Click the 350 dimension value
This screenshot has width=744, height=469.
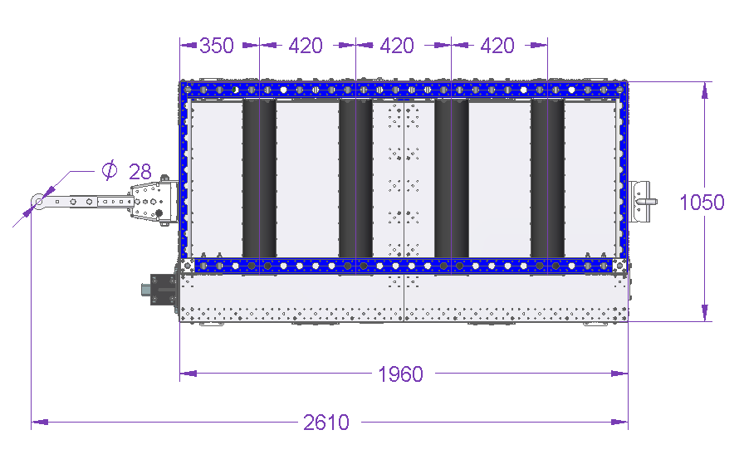coord(217,46)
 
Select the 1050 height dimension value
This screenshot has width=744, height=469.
coord(702,203)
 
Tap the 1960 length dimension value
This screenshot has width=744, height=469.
coord(400,374)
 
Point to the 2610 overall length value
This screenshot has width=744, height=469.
coord(326,422)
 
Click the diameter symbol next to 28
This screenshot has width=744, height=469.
coord(110,170)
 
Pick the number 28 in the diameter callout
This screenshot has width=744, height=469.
coord(140,172)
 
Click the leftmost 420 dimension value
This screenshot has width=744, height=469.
coord(306,46)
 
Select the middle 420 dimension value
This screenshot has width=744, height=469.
coord(397,46)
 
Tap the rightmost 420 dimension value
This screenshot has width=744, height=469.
coord(497,46)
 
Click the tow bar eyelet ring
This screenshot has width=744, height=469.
coord(38,202)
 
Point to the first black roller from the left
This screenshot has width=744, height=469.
coord(259,178)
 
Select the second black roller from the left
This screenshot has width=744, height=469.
coord(355,178)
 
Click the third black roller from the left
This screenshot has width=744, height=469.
coord(451,178)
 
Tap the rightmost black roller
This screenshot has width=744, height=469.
coord(547,178)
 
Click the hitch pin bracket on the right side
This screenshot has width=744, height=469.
coord(640,202)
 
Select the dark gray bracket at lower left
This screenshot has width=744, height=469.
coord(161,289)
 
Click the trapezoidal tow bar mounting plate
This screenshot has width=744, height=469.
coord(152,201)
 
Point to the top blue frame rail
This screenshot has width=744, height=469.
coord(404,90)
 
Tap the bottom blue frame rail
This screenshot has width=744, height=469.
coord(404,266)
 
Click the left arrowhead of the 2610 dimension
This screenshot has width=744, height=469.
coord(39,422)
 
